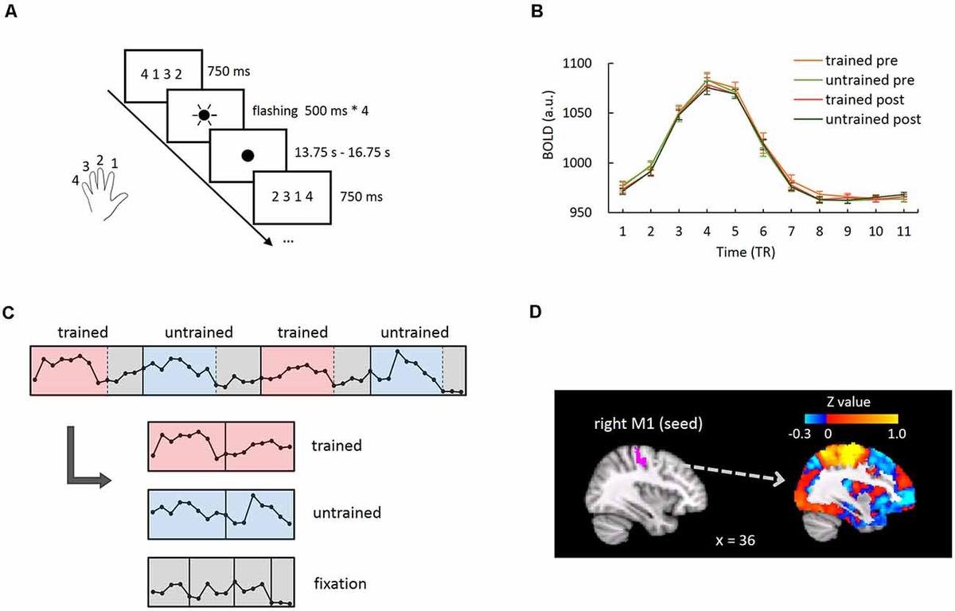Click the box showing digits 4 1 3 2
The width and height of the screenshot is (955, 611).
(162, 73)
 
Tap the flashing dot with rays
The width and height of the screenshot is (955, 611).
(204, 115)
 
